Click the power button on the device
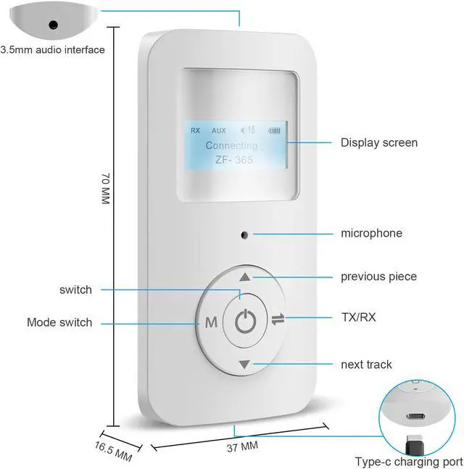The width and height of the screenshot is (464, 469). (x=246, y=320)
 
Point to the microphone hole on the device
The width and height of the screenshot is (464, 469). (x=245, y=234)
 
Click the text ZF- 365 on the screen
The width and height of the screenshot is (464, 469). (x=234, y=160)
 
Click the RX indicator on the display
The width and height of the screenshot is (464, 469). (x=195, y=131)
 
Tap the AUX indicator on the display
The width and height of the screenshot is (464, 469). (x=219, y=131)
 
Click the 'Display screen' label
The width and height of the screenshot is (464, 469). (x=379, y=142)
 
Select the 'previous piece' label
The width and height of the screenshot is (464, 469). (x=378, y=277)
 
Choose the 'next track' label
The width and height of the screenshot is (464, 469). (x=366, y=364)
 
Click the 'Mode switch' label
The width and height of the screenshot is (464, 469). (x=59, y=322)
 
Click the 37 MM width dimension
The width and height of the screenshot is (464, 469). (x=239, y=444)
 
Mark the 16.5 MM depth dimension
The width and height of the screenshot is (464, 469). (x=113, y=449)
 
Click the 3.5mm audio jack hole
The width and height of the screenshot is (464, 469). (x=53, y=24)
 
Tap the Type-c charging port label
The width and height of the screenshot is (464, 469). (x=409, y=462)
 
